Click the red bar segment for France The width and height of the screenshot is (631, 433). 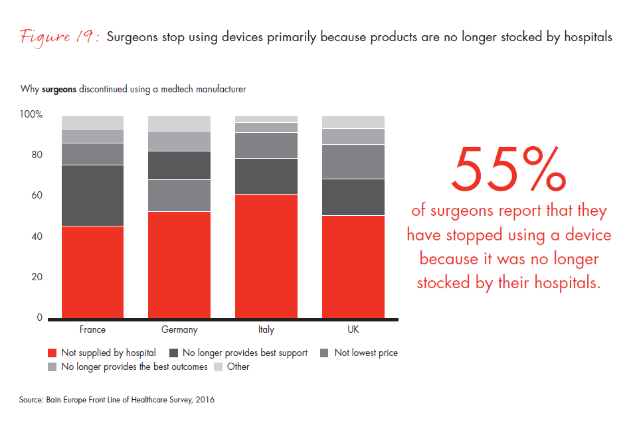pyautogui.click(x=92, y=272)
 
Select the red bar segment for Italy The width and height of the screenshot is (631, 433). pyautogui.click(x=266, y=256)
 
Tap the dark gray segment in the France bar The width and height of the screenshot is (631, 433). pyautogui.click(x=92, y=195)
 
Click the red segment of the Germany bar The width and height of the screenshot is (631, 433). pyautogui.click(x=179, y=265)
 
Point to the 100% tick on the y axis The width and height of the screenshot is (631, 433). pyautogui.click(x=31, y=114)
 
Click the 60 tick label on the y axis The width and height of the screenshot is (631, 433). pyautogui.click(x=37, y=196)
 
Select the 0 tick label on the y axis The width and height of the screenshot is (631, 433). pyautogui.click(x=39, y=318)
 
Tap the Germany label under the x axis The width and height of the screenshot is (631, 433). pyautogui.click(x=179, y=329)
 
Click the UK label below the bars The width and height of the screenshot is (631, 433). pyautogui.click(x=353, y=329)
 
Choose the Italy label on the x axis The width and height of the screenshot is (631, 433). pyautogui.click(x=266, y=329)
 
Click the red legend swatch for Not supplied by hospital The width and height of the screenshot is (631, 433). pyautogui.click(x=52, y=353)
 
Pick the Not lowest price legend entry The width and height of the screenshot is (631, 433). pyautogui.click(x=366, y=353)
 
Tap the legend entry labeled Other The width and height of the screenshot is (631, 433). pyautogui.click(x=238, y=367)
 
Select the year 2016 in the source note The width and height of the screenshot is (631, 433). pyautogui.click(x=204, y=400)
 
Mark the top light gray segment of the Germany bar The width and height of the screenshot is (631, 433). pyautogui.click(x=179, y=124)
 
